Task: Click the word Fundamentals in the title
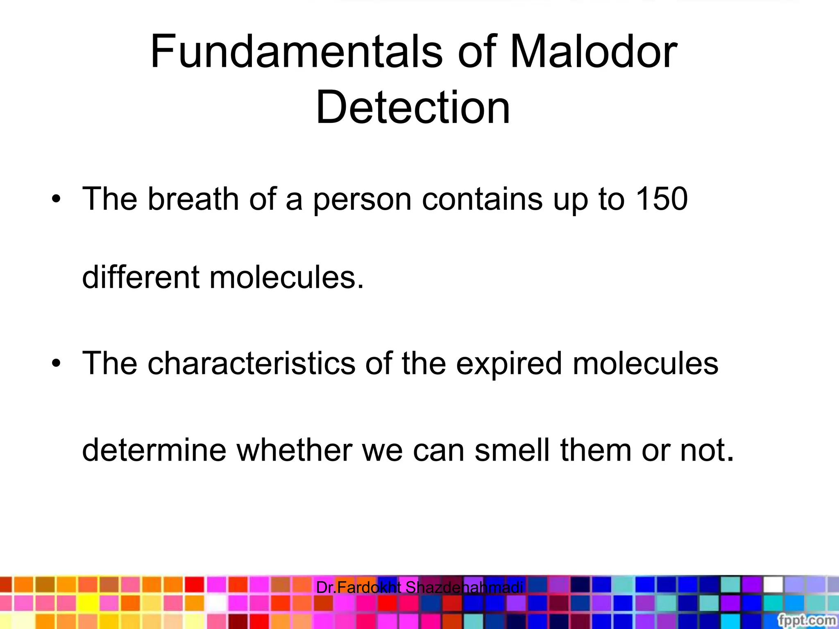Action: pos(296,52)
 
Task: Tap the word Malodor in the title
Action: pos(593,52)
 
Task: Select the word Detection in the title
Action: pos(413,107)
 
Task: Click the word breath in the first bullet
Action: pos(193,199)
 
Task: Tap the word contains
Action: pos(482,199)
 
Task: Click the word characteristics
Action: pos(251,363)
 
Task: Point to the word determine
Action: pos(154,450)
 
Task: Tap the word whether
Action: pos(294,450)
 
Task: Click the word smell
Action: pos(512,450)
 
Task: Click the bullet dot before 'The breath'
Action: pos(56,199)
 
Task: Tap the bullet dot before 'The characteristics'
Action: pos(56,364)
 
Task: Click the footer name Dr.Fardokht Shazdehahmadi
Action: pos(419,588)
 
